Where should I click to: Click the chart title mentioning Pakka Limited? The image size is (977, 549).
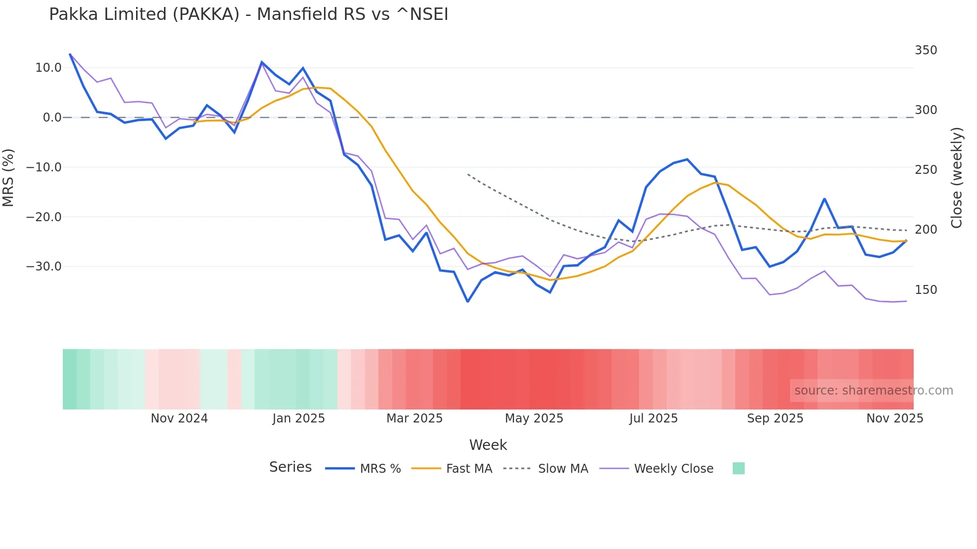248,14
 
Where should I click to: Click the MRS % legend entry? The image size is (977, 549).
380,469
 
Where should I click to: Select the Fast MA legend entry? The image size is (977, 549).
469,469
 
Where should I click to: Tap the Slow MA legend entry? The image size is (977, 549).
563,469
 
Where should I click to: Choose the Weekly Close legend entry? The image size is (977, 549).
673,469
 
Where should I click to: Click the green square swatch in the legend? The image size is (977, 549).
738,468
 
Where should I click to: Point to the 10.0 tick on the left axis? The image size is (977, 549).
48,68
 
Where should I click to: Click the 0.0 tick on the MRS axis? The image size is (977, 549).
52,118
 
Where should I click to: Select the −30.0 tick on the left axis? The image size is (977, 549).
44,267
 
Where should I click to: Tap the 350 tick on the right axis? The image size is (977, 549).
926,50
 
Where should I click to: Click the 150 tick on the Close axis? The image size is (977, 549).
926,290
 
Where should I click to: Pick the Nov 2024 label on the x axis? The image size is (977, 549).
179,418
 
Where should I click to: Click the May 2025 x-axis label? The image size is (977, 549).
534,418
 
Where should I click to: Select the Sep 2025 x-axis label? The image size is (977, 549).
775,418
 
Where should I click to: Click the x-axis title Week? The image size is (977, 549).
488,445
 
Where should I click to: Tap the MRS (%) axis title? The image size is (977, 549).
8,177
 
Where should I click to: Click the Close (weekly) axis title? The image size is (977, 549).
956,178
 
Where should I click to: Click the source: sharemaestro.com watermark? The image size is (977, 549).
873,391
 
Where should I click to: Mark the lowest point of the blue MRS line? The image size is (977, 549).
468,301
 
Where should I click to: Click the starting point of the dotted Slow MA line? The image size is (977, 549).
468,174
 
